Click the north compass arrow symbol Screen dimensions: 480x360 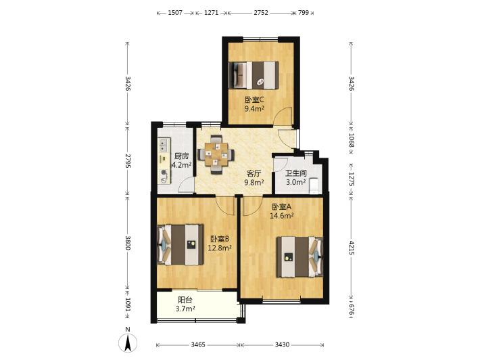pyautogui.click(x=128, y=342)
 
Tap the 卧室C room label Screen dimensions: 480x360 pyautogui.click(x=254, y=100)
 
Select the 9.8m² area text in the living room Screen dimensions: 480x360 pyautogui.click(x=254, y=183)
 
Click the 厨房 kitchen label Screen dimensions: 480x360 pyautogui.click(x=182, y=156)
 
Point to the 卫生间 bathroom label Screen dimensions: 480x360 pyautogui.click(x=295, y=173)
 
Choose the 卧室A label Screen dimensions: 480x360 pyautogui.click(x=282, y=207)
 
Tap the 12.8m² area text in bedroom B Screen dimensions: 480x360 pyautogui.click(x=220, y=248)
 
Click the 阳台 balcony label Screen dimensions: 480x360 pyautogui.click(x=185, y=300)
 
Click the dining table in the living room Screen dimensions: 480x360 pyautogui.click(x=216, y=154)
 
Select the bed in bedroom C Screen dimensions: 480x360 pyautogui.click(x=254, y=75)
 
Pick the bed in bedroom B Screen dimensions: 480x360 pyautogui.click(x=181, y=245)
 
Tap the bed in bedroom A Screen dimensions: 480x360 pyautogui.click(x=300, y=256)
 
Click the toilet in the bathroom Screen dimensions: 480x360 pyautogui.click(x=314, y=186)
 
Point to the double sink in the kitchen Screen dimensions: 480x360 pyautogui.click(x=164, y=145)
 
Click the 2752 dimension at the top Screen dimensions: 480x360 pyautogui.click(x=261, y=13)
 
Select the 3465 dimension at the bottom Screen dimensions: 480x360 pyautogui.click(x=198, y=344)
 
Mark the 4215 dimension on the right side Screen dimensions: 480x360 pyautogui.click(x=352, y=248)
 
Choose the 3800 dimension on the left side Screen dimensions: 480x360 pyautogui.click(x=128, y=243)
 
